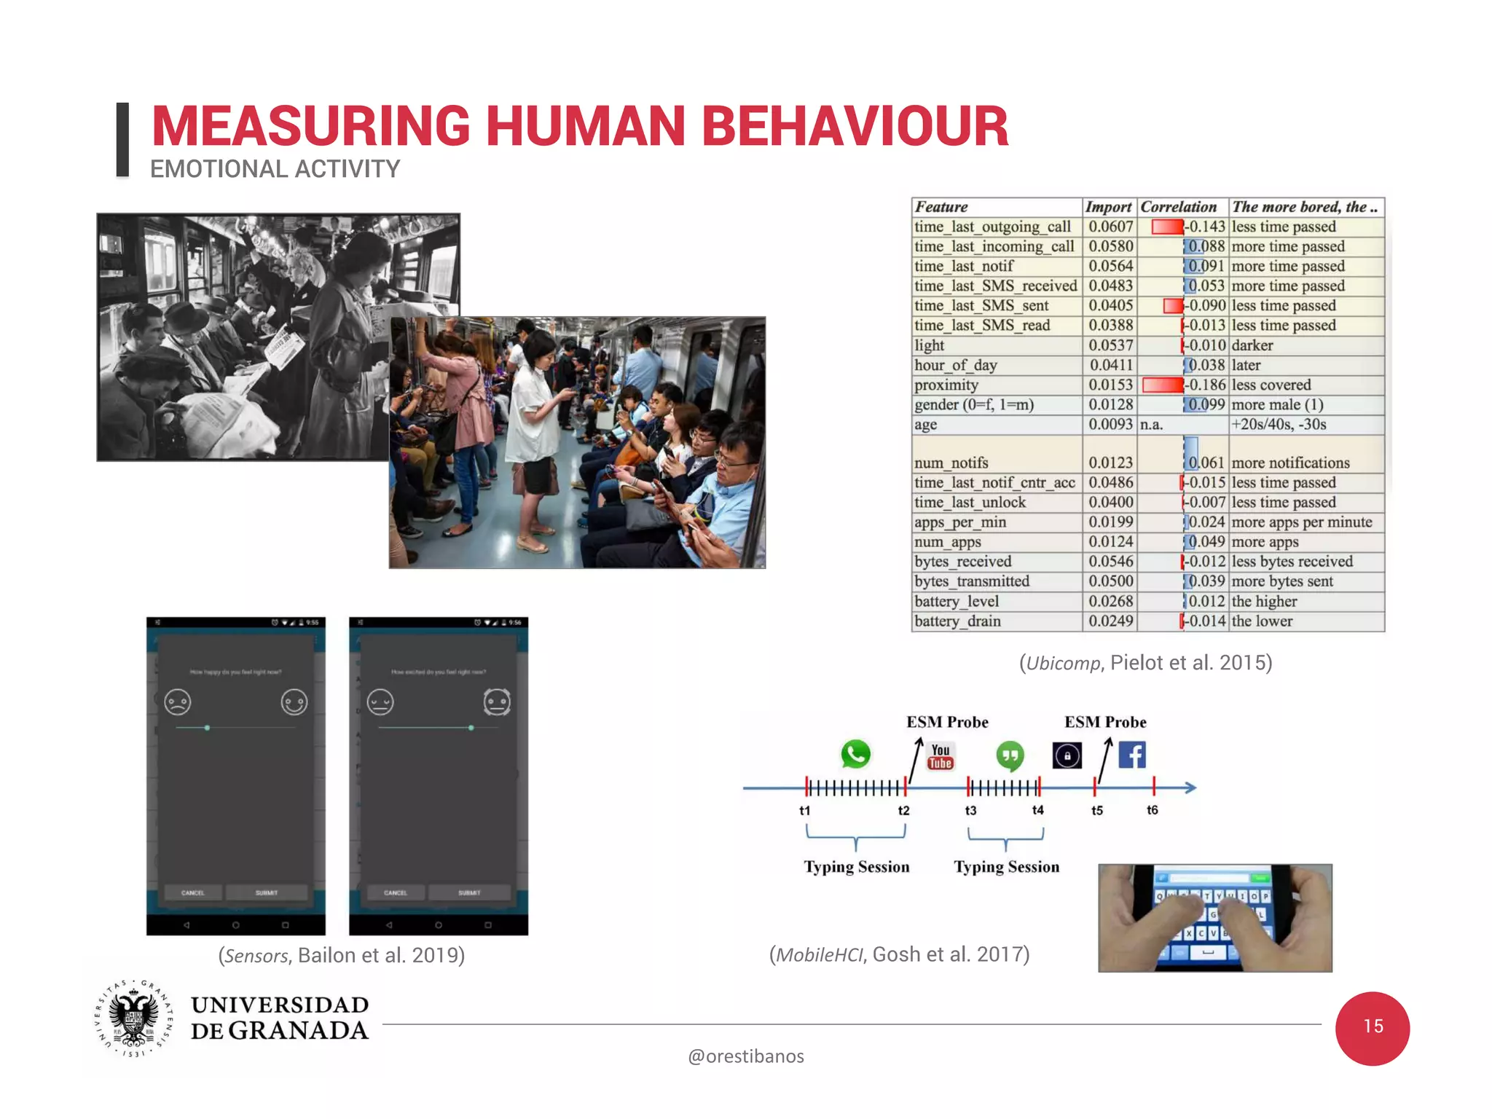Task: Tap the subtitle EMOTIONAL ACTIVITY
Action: click(275, 169)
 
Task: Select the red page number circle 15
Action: click(1372, 1028)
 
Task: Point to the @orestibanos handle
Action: click(745, 1056)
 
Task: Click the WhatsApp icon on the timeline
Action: click(855, 754)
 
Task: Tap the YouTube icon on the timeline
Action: click(940, 756)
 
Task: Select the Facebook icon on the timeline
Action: click(1132, 755)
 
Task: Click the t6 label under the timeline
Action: click(1152, 810)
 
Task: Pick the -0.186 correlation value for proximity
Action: click(1207, 385)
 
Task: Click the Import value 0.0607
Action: click(1110, 227)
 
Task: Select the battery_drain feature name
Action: click(957, 621)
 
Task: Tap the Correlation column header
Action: click(1178, 207)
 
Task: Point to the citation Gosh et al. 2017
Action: click(899, 954)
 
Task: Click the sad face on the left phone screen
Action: click(178, 702)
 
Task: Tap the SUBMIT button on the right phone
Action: click(469, 892)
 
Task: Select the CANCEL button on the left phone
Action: click(192, 892)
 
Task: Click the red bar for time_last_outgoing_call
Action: click(1167, 227)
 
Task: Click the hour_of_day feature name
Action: click(956, 365)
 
